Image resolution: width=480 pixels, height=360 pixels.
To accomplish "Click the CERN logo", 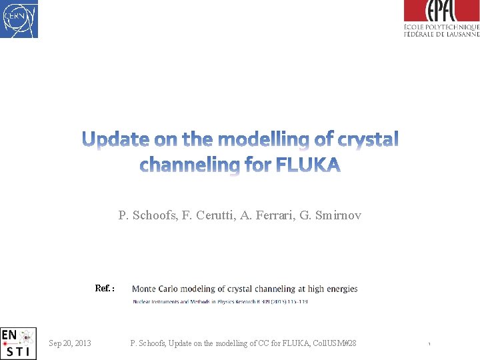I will pos(19,19).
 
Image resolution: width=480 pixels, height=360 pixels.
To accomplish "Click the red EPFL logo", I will pos(441,11).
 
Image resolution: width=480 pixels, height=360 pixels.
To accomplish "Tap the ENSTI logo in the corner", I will pos(18,343).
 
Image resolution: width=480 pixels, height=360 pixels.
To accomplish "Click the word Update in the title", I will pos(115,139).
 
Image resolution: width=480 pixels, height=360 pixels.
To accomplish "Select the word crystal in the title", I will pos(368,139).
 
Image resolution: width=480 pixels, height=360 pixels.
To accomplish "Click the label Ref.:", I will pos(105,289).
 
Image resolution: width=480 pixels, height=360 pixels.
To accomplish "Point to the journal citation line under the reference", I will pos(219,302).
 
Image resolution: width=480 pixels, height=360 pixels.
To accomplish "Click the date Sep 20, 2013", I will pos(70,343).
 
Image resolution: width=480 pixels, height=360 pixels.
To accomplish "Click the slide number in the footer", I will pos(429,344).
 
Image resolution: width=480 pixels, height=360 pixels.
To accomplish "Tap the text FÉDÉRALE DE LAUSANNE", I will pos(441,33).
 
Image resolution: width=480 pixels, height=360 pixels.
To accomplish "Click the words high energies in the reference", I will pos(333,289).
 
